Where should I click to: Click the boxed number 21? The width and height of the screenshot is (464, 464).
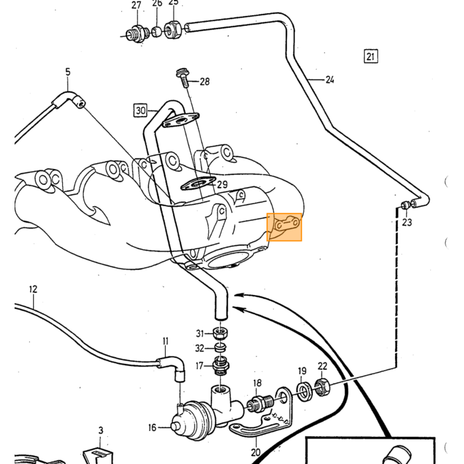pyautogui.click(x=371, y=56)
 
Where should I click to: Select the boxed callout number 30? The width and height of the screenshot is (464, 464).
pyautogui.click(x=141, y=111)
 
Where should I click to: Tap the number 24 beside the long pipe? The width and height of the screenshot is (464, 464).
pyautogui.click(x=329, y=80)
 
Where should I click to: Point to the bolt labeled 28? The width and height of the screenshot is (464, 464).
pyautogui.click(x=182, y=78)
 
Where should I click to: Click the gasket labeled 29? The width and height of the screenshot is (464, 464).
pyautogui.click(x=198, y=184)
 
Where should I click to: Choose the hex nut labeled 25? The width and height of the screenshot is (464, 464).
pyautogui.click(x=173, y=29)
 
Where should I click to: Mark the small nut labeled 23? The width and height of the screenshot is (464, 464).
pyautogui.click(x=405, y=205)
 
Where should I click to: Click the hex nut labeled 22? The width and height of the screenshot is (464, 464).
pyautogui.click(x=321, y=387)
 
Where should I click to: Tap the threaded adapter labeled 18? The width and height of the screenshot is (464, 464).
pyautogui.click(x=261, y=402)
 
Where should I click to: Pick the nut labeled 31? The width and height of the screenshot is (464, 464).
pyautogui.click(x=220, y=333)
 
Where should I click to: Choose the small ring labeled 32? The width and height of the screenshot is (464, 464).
pyautogui.click(x=221, y=347)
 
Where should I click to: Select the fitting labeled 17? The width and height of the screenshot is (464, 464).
pyautogui.click(x=221, y=367)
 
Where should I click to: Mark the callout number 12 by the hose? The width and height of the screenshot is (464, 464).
pyautogui.click(x=33, y=289)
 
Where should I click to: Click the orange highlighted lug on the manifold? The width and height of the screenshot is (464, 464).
pyautogui.click(x=284, y=227)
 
